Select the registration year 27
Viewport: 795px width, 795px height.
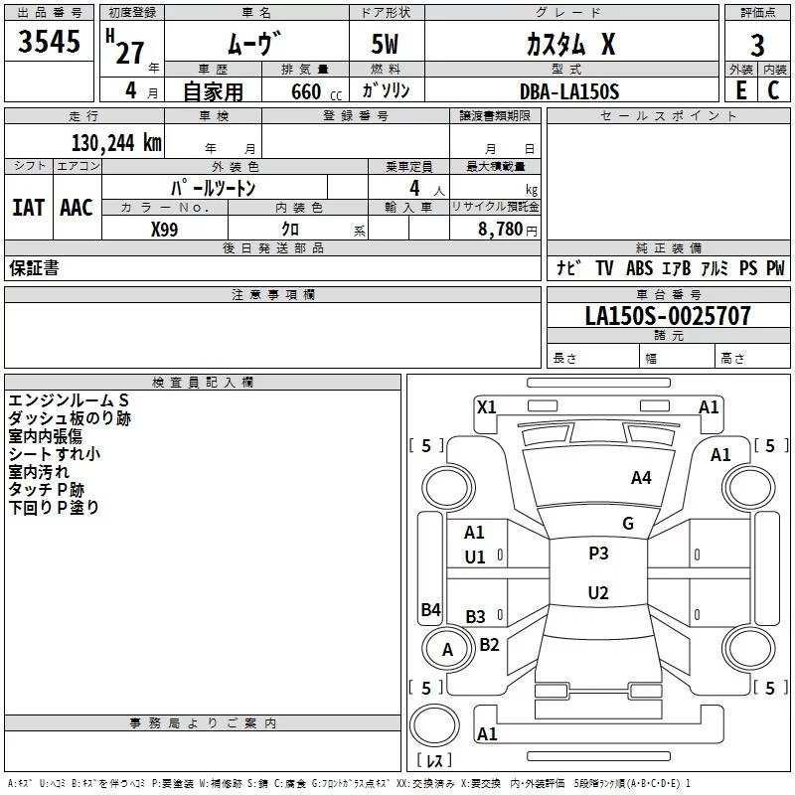[129, 52]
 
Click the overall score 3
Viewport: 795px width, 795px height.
[757, 45]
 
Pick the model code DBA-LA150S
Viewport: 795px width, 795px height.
[569, 91]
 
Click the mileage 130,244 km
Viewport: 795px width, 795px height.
[115, 142]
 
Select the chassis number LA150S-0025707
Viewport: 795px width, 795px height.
[668, 316]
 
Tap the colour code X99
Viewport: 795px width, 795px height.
[165, 229]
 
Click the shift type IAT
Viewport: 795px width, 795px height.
[28, 208]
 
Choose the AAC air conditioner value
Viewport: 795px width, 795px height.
[77, 208]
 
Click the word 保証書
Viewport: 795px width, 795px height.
[34, 268]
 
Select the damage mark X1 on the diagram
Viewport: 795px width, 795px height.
[486, 406]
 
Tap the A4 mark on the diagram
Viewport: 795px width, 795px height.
[641, 478]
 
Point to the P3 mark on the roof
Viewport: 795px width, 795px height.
[598, 554]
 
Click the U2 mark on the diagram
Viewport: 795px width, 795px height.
[598, 593]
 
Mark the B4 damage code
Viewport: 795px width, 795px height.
[430, 610]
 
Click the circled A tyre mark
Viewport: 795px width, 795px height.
[447, 650]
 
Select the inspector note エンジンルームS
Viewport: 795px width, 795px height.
[69, 400]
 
